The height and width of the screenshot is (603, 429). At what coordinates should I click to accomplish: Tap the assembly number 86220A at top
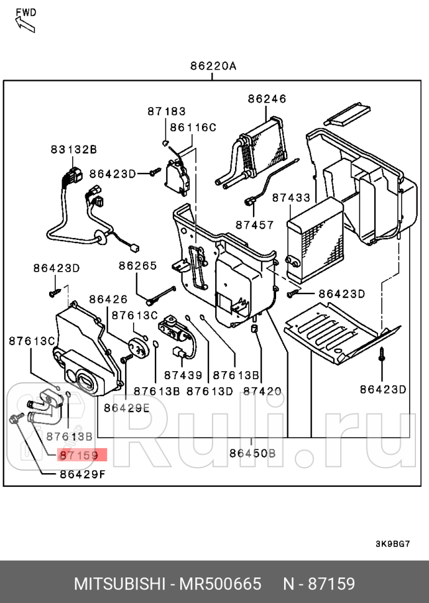tap(213, 66)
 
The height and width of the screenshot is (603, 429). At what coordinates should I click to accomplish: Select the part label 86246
tap(267, 98)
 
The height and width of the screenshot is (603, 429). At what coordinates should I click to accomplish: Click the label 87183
tap(166, 111)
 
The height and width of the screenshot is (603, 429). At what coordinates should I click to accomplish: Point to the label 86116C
tap(193, 127)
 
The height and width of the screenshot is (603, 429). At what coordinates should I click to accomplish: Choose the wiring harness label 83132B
tap(74, 149)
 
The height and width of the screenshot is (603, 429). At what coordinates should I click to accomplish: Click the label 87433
tap(291, 197)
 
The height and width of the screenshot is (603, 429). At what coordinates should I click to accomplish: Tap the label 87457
tap(254, 224)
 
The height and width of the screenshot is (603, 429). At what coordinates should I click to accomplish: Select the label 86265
tap(138, 265)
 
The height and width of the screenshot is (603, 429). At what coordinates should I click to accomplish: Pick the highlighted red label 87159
tap(79, 456)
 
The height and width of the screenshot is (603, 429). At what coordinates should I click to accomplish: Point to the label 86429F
tap(83, 475)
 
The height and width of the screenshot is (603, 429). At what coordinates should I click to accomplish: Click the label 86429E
tap(127, 408)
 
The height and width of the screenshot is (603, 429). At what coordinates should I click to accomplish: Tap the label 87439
tap(183, 375)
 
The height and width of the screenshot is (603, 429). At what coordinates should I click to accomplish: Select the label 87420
tap(262, 391)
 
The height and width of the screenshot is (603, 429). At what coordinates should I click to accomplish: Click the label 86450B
tap(252, 453)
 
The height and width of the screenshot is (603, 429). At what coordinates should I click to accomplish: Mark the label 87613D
tap(210, 391)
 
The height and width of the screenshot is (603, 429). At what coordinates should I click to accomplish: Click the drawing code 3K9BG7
tap(392, 544)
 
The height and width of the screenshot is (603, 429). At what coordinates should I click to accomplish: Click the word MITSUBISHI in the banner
tap(118, 584)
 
